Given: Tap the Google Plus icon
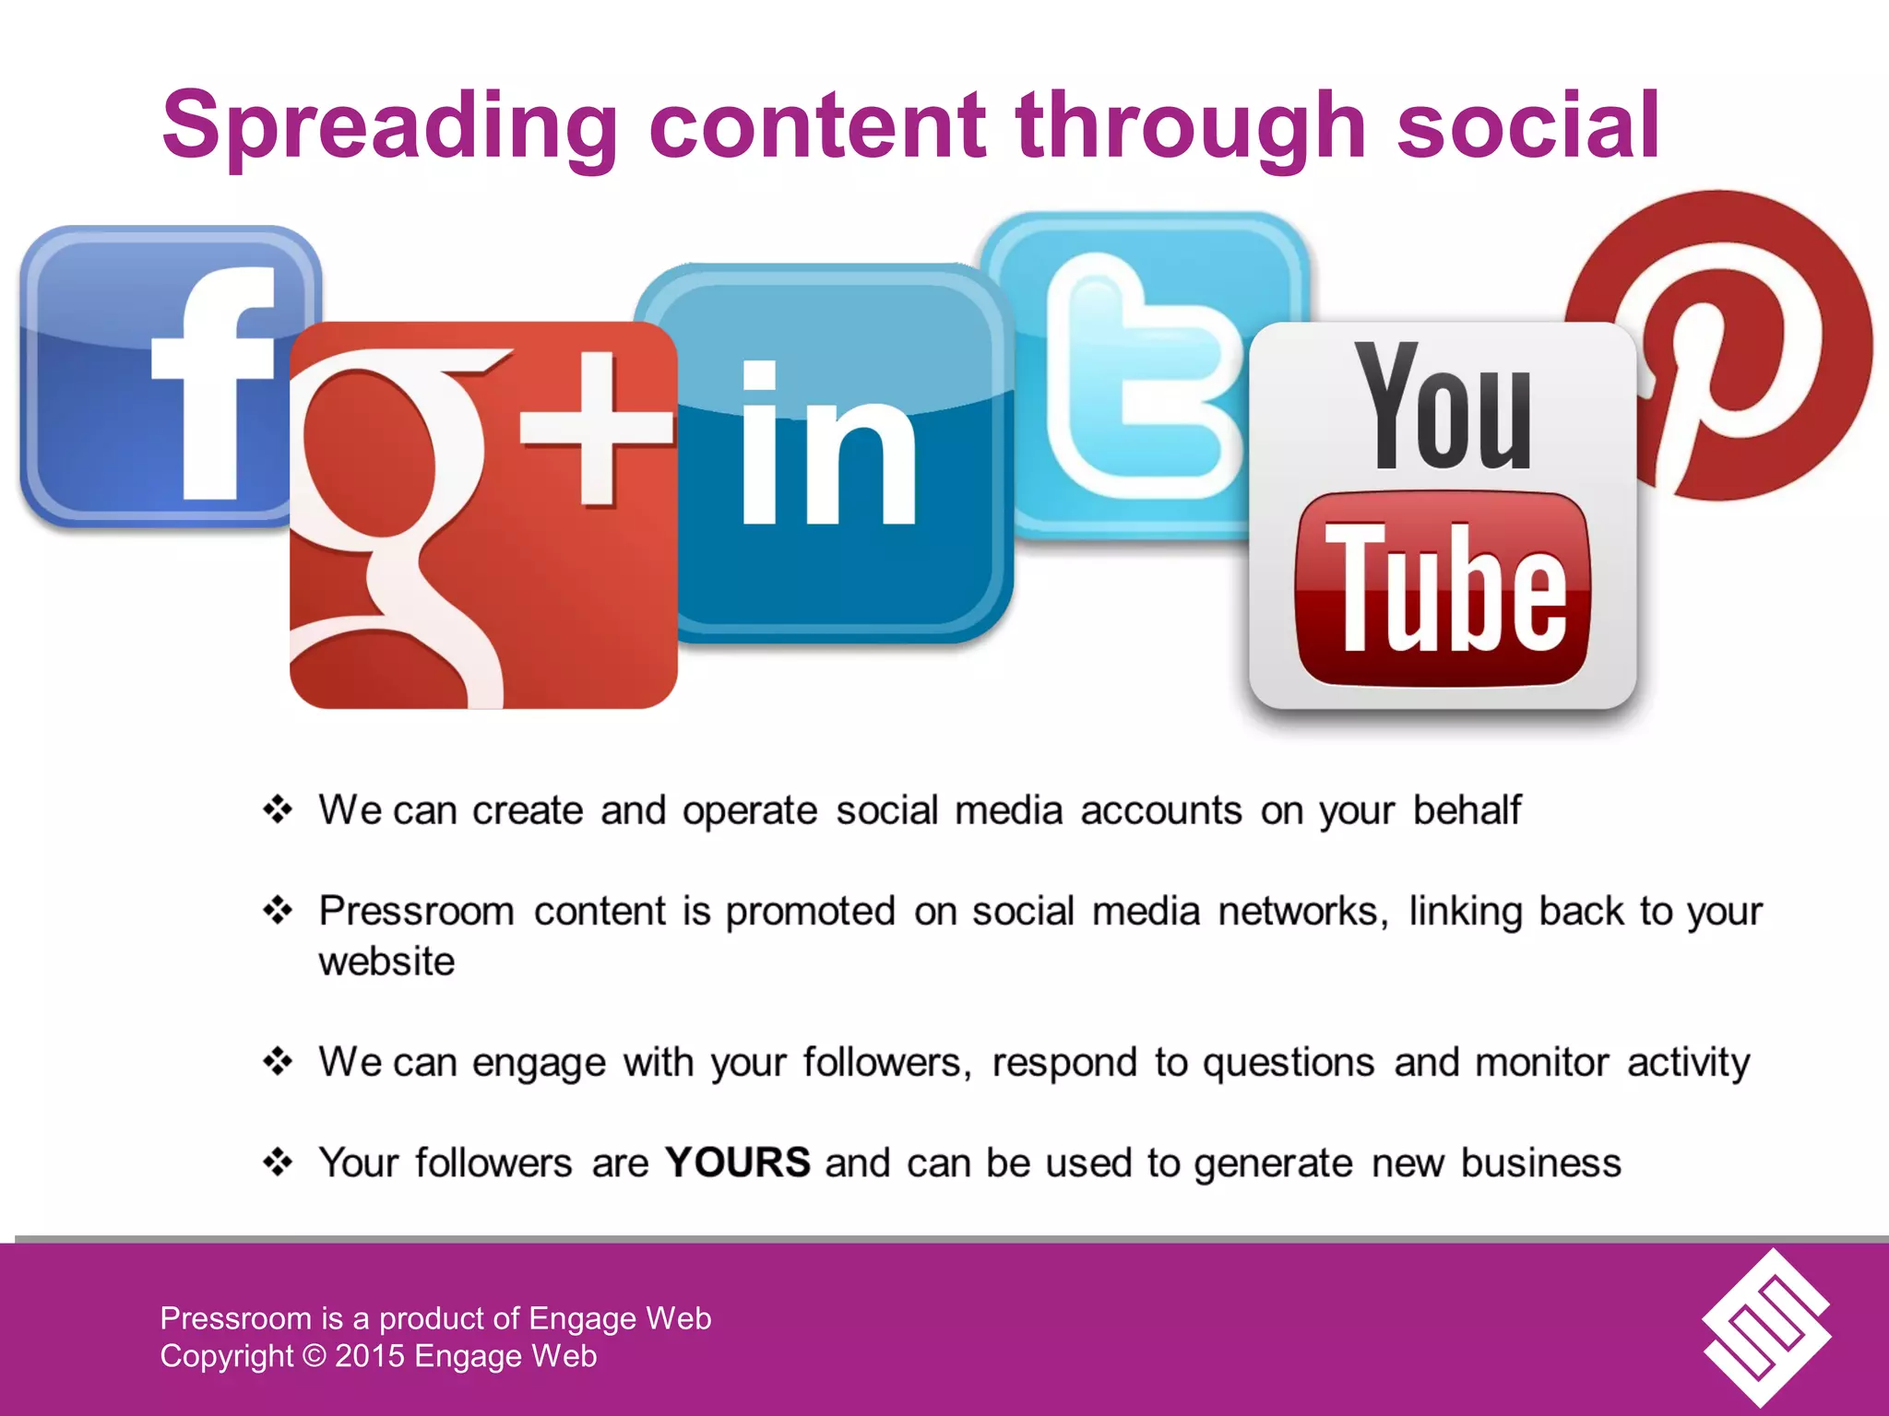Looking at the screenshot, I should point(480,516).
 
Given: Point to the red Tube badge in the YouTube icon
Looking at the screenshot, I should point(1443,590).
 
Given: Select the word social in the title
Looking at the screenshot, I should point(1527,126).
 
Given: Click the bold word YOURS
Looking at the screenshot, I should point(737,1162).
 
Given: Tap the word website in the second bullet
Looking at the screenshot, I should point(386,962).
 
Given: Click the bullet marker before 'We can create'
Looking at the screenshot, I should point(278,810).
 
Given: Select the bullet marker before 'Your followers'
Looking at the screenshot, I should point(278,1162).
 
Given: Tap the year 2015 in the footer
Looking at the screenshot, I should point(369,1356).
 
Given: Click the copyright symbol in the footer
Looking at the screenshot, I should point(314,1356).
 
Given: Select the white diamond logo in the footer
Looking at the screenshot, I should point(1765,1327).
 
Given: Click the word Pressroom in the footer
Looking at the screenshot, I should point(236,1318).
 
